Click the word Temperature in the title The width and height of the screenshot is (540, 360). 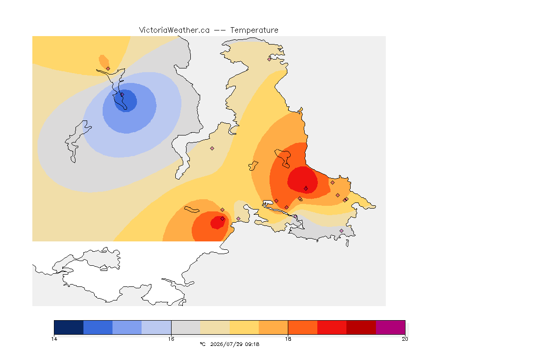(254, 30)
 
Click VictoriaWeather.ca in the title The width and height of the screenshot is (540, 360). (174, 30)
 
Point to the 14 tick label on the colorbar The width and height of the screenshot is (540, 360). (54, 339)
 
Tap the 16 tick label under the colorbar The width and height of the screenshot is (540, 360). (171, 339)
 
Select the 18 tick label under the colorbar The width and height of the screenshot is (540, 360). (288, 339)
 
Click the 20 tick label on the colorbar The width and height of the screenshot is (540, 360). (405, 339)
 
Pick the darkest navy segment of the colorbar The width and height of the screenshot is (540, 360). (69, 327)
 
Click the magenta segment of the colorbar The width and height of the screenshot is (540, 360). (390, 327)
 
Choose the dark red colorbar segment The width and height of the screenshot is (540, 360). (361, 327)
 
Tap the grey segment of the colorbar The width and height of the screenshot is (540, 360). (186, 327)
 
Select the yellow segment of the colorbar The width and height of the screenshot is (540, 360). (244, 327)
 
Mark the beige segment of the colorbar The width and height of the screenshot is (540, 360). (215, 327)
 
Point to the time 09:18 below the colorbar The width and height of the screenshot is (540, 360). (252, 344)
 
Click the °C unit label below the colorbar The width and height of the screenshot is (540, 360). (203, 344)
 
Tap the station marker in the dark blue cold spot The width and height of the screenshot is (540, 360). (122, 94)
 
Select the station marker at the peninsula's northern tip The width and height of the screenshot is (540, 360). (270, 59)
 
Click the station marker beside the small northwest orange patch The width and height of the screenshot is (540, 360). (108, 68)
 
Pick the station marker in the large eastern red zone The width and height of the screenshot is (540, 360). (306, 188)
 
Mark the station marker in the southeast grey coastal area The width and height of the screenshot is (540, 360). (341, 231)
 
